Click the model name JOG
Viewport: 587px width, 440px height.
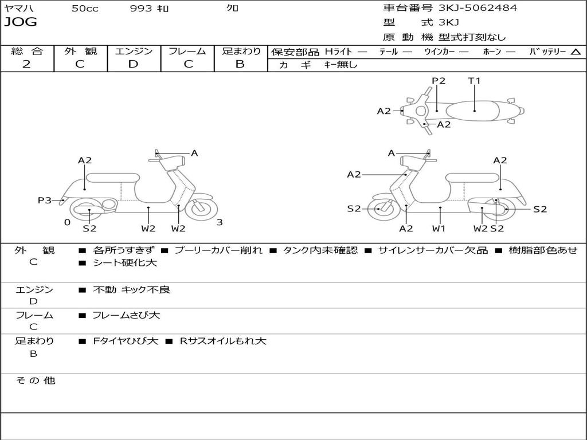(21, 22)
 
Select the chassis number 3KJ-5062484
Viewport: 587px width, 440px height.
(478, 8)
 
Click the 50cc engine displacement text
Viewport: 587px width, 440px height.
(85, 9)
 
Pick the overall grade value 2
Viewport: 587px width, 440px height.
(26, 64)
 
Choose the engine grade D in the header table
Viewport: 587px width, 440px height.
(134, 64)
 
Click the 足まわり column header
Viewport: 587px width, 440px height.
(241, 51)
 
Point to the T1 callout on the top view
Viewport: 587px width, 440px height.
(474, 81)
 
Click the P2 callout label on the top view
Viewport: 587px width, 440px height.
(439, 81)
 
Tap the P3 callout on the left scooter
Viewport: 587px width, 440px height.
(45, 200)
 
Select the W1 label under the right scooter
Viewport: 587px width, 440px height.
(439, 229)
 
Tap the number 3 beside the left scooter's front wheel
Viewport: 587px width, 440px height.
(220, 222)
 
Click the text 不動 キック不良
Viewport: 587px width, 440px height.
(131, 290)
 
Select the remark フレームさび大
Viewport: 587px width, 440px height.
(126, 315)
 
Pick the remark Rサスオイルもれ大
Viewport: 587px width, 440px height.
(222, 341)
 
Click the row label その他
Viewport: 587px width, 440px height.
(36, 380)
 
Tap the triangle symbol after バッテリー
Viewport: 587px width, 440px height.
(576, 52)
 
